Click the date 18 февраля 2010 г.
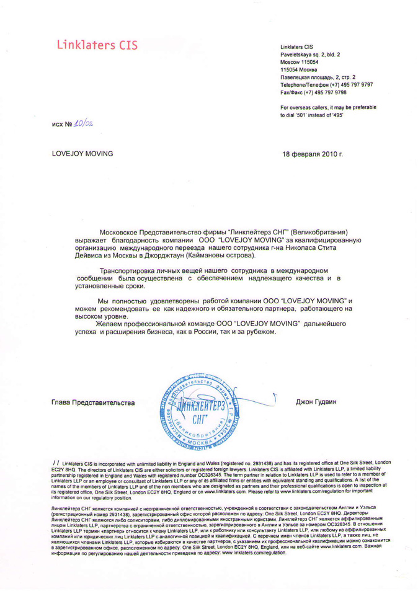click(x=312, y=153)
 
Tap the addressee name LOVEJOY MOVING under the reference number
click(x=82, y=153)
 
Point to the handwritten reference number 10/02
click(x=81, y=127)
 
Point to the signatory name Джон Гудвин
click(x=316, y=402)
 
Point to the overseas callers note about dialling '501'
click(x=327, y=112)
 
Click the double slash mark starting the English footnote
click(x=56, y=463)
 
